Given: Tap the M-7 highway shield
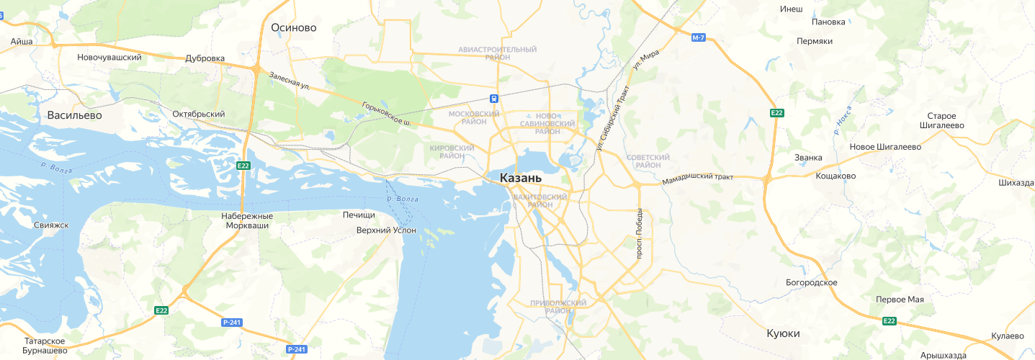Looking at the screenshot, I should (697, 37).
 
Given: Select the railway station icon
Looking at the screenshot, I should (494, 99).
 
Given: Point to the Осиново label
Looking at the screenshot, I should (294, 28).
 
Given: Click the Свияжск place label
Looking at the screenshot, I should (51, 225).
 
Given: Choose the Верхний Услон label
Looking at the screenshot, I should (387, 230).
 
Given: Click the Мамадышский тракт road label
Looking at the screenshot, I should (698, 178).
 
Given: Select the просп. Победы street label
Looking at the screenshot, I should (638, 233).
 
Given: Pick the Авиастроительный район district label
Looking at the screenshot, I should (497, 53).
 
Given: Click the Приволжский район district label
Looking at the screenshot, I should (557, 307).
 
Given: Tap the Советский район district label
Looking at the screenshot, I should (648, 161).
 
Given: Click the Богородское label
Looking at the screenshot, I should (812, 282).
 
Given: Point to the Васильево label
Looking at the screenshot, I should (75, 115).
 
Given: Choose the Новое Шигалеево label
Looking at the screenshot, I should (885, 147).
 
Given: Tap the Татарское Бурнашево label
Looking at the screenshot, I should (45, 346).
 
